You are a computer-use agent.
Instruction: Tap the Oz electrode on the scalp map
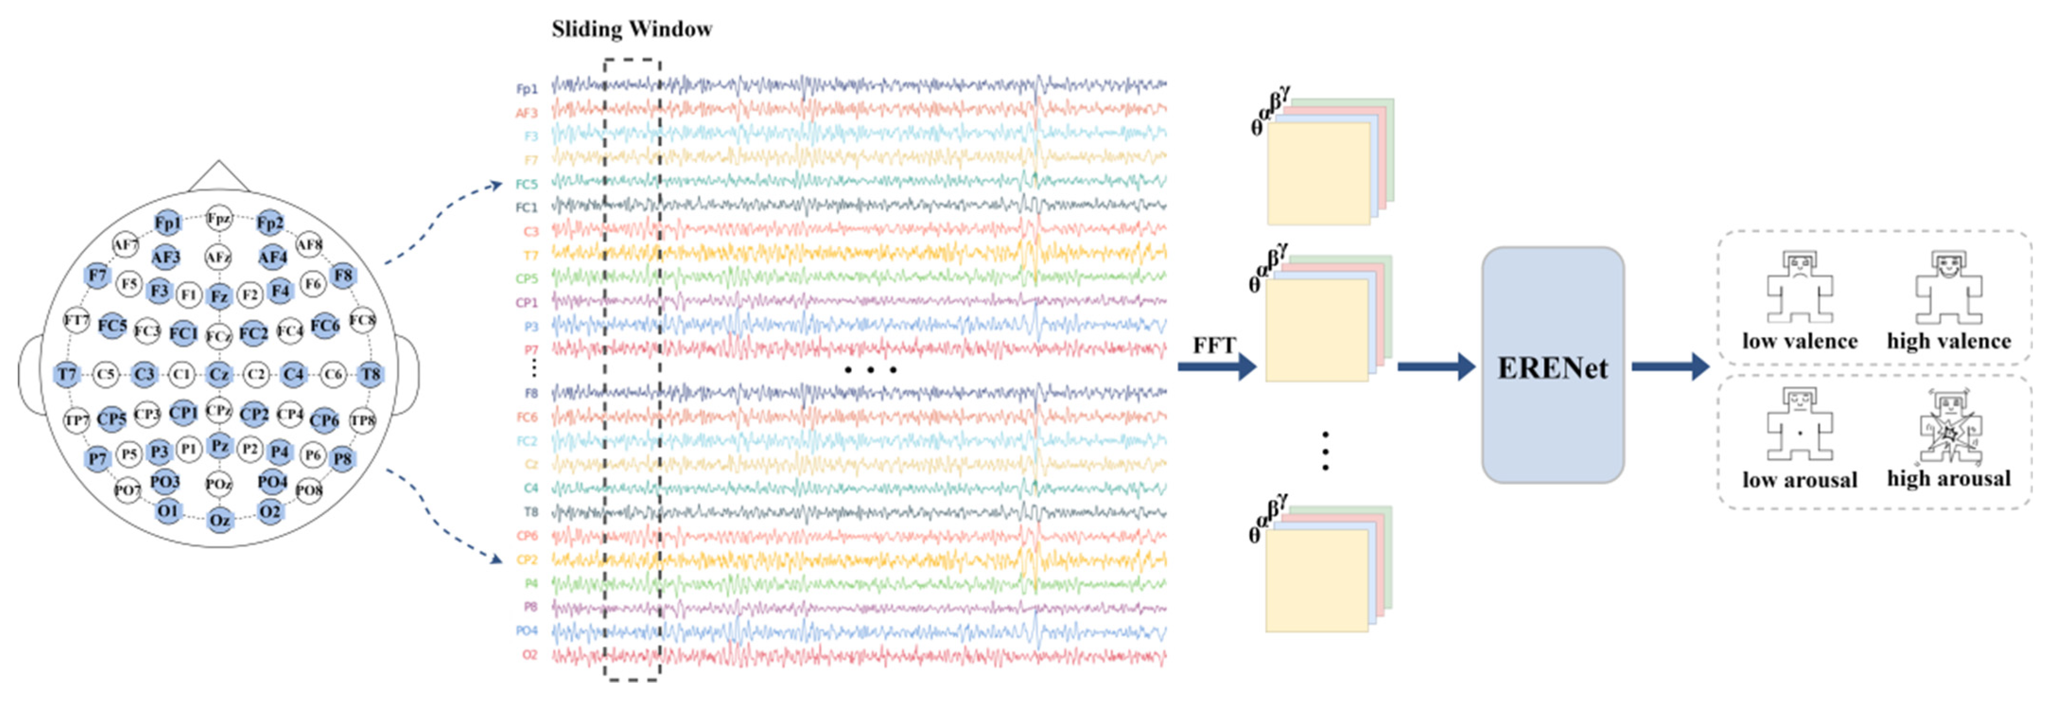pyautogui.click(x=219, y=520)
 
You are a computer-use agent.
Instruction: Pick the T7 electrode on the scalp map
pyautogui.click(x=67, y=374)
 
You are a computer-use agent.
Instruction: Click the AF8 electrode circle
pyautogui.click(x=309, y=245)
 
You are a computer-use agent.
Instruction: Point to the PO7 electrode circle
pyautogui.click(x=128, y=490)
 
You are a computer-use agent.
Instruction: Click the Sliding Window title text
pyautogui.click(x=631, y=29)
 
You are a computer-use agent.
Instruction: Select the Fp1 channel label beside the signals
pyautogui.click(x=527, y=89)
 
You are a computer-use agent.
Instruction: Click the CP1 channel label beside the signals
pyautogui.click(x=527, y=303)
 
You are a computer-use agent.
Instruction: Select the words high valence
pyautogui.click(x=1949, y=341)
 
